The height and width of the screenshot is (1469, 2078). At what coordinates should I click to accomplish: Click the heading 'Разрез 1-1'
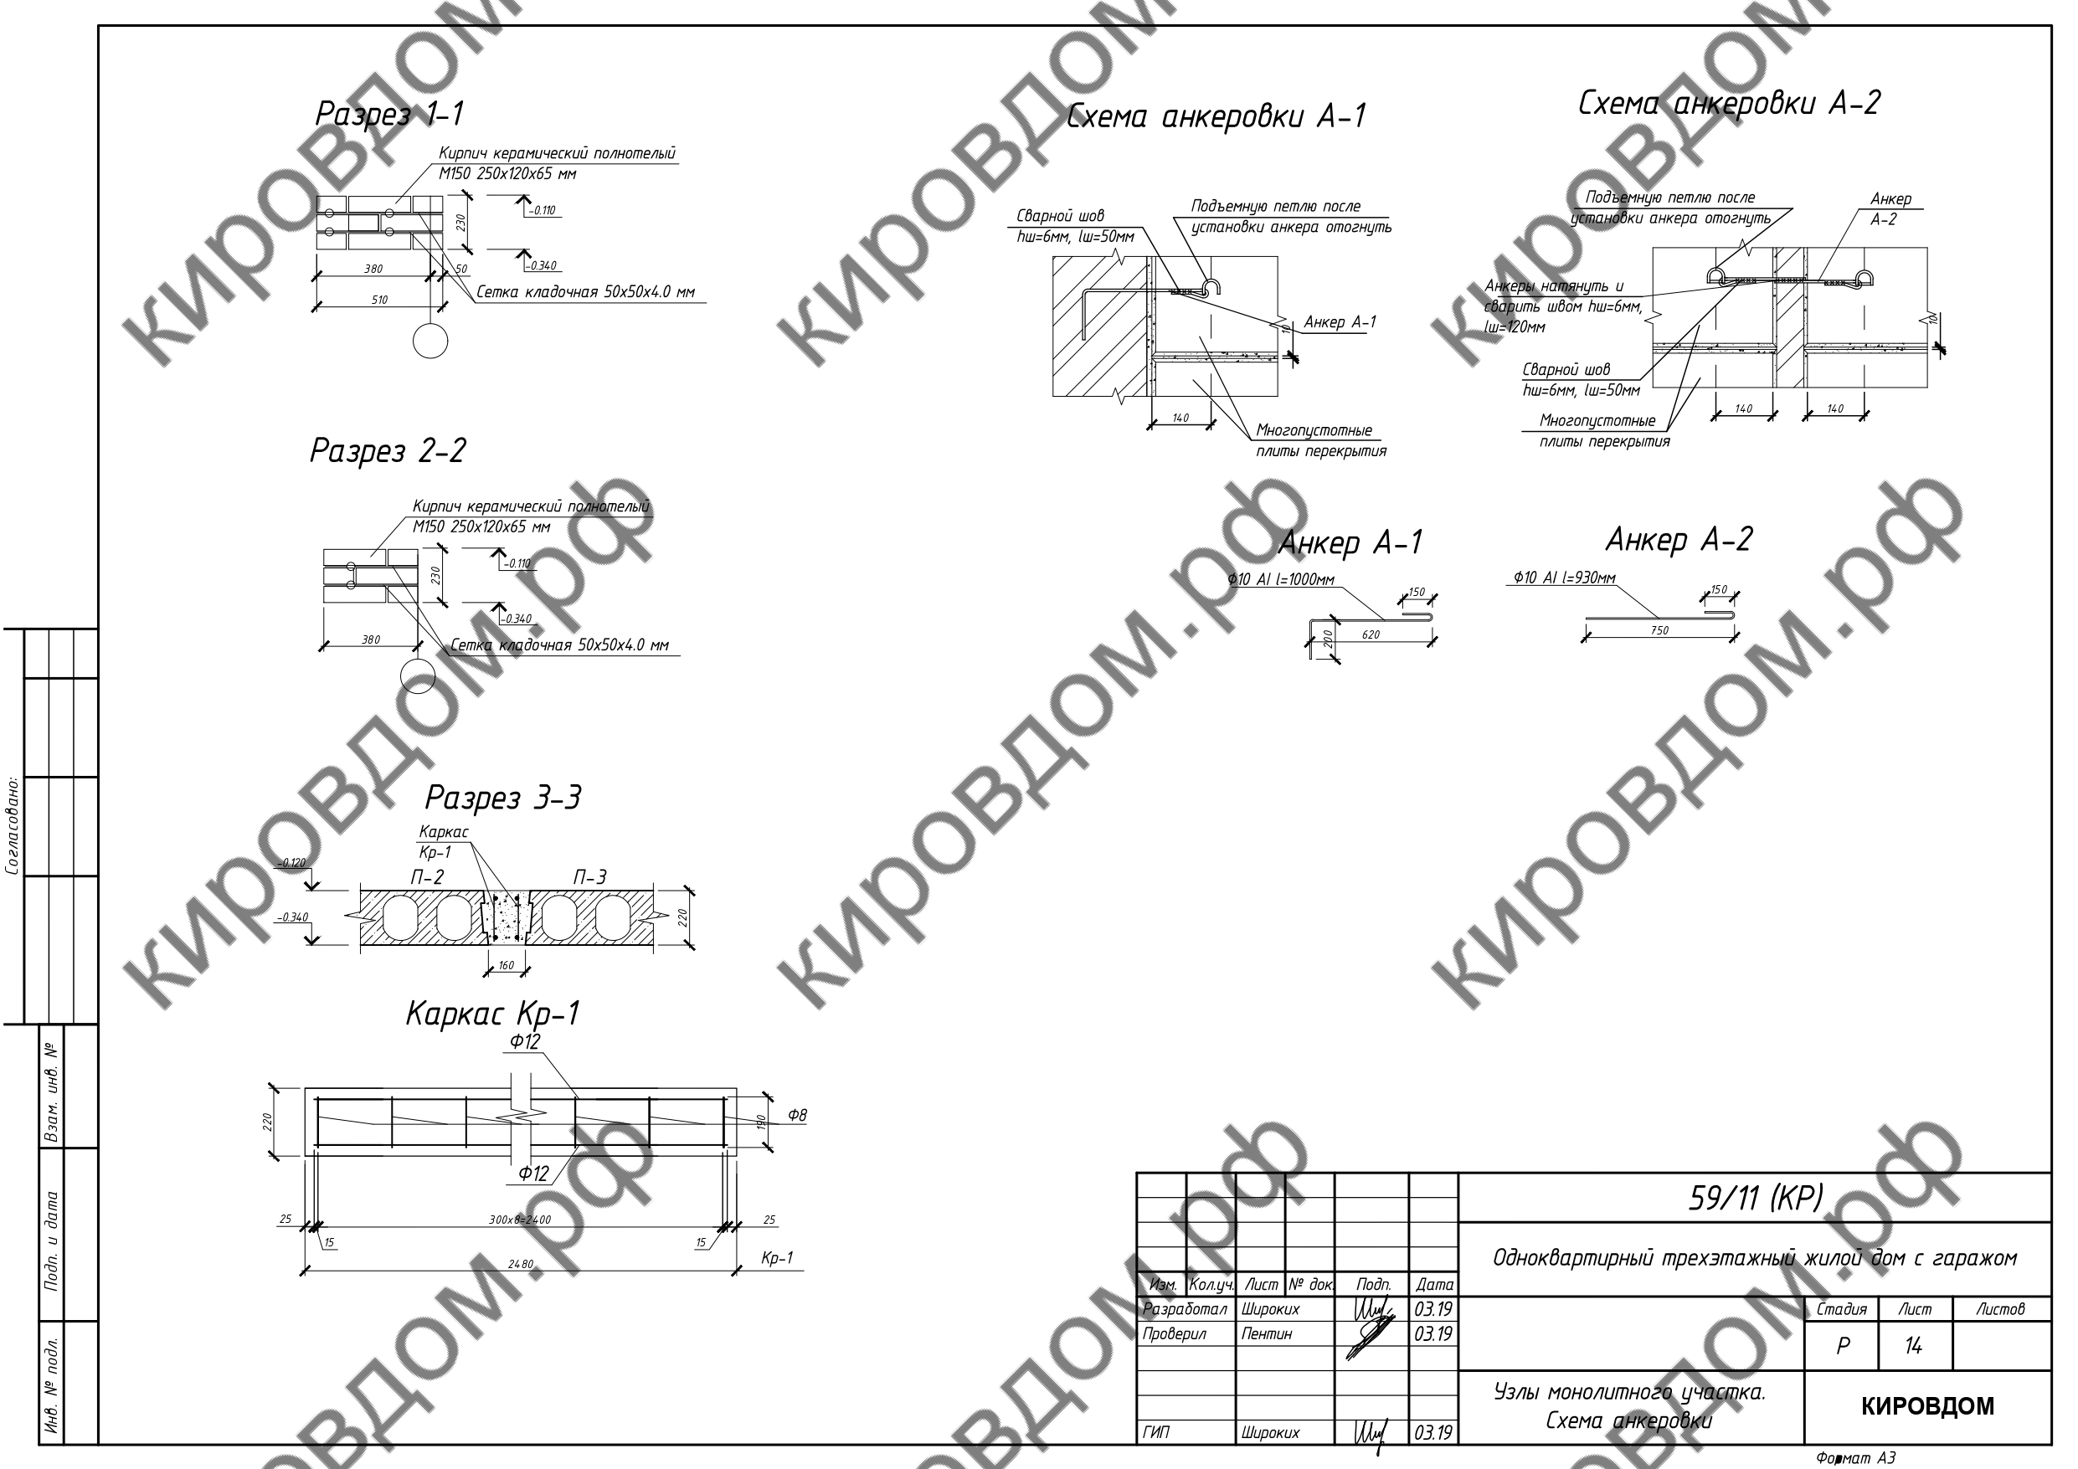tap(389, 115)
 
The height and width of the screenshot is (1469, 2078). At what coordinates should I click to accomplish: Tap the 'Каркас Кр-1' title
tap(492, 1014)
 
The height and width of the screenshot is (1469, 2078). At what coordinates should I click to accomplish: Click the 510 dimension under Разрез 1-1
tap(379, 300)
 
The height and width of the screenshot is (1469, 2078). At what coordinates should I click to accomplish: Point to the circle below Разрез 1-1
tap(429, 342)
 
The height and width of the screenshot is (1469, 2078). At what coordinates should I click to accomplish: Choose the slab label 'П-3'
tap(589, 877)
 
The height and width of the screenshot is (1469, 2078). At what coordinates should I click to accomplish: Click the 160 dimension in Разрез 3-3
tap(506, 966)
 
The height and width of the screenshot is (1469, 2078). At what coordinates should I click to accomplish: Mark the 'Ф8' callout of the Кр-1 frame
tap(796, 1115)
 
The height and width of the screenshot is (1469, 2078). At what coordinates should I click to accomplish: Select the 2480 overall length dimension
tap(521, 1265)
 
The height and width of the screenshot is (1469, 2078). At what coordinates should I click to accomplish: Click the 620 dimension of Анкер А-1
tap(1371, 635)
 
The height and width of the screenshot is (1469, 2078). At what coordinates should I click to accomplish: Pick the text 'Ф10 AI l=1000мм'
tap(1281, 580)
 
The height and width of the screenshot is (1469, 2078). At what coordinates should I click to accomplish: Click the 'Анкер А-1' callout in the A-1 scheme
tap(1340, 323)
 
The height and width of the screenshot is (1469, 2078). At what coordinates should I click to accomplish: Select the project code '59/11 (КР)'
tap(1755, 1199)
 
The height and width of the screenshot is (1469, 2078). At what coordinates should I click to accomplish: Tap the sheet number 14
tap(1912, 1346)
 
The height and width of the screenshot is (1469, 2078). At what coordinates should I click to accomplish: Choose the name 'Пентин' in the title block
tap(1266, 1334)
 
